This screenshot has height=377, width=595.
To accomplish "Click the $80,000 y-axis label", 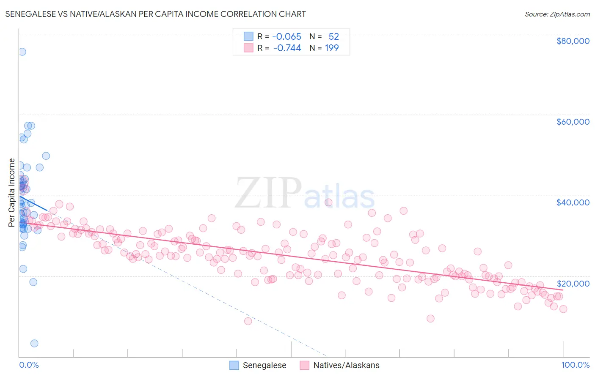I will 573,41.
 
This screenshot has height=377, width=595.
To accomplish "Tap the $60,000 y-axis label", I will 573,122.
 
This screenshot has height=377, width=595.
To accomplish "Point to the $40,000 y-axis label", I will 573,202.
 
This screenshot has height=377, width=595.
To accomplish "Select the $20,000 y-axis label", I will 573,283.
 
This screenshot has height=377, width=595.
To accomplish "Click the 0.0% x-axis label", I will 29,365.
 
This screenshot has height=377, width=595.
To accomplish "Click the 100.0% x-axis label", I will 575,365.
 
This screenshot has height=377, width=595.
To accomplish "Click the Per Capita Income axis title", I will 12,192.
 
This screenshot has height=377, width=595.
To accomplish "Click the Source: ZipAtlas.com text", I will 557,14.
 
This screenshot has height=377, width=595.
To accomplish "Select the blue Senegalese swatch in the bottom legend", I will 234,365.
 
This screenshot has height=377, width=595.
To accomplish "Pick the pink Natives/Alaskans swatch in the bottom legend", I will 305,365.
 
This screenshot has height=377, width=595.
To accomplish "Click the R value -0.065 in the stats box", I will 286,36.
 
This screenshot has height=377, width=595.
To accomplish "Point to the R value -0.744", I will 287,48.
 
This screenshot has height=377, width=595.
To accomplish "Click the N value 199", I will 332,48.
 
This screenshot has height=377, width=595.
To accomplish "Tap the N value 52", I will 333,36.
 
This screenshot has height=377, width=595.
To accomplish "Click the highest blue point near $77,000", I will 22,52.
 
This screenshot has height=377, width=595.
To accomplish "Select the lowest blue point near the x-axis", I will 34,343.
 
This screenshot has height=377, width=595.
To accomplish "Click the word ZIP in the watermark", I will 268,194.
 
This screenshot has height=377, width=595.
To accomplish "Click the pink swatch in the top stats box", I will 248,48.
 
